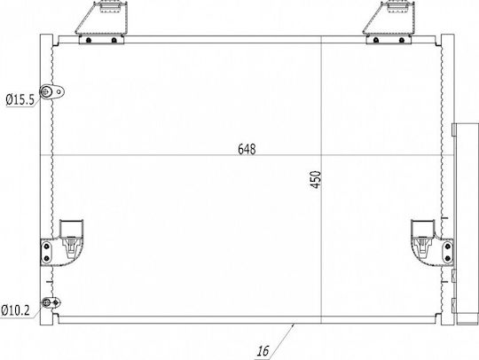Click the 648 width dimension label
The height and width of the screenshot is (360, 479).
click(x=247, y=149)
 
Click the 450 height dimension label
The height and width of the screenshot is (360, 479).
click(x=316, y=179)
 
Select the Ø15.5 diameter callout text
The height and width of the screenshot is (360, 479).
click(x=20, y=99)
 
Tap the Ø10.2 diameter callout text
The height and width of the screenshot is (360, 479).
click(x=15, y=310)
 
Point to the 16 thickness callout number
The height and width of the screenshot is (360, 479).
click(x=263, y=351)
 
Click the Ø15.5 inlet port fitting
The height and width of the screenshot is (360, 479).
click(x=52, y=91)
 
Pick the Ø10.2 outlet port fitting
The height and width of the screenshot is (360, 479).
click(x=51, y=302)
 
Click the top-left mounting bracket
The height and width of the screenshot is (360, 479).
click(x=102, y=22)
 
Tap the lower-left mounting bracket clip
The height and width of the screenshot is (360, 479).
click(x=62, y=243)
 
